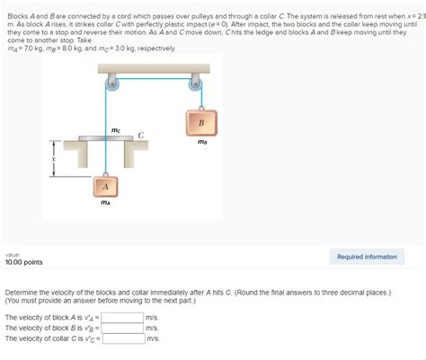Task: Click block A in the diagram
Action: pyautogui.click(x=106, y=186)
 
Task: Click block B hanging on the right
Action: pyautogui.click(x=200, y=122)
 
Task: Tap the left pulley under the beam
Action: pyautogui.click(x=111, y=85)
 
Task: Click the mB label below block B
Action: pyautogui.click(x=202, y=142)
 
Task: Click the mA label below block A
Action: pyautogui.click(x=105, y=204)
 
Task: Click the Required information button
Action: pyautogui.click(x=367, y=257)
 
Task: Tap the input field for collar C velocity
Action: pyautogui.click(x=123, y=338)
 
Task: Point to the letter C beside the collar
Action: pyautogui.click(x=141, y=135)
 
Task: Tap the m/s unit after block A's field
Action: pyautogui.click(x=152, y=317)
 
